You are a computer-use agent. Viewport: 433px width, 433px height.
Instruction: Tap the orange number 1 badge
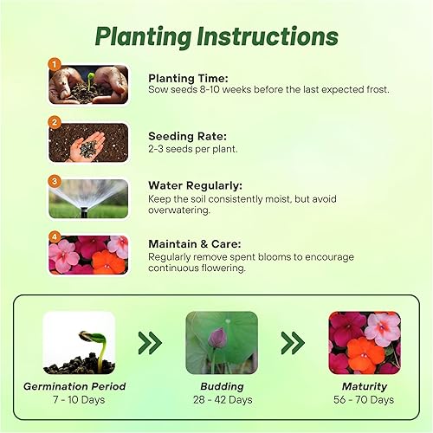pyautogui.click(x=55, y=64)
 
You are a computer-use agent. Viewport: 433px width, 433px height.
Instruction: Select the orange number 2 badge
pyautogui.click(x=55, y=122)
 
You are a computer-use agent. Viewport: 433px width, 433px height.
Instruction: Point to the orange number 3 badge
pyautogui.click(x=55, y=181)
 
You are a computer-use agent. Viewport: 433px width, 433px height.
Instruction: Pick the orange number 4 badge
pyautogui.click(x=55, y=236)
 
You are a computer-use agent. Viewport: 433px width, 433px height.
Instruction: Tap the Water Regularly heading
pyautogui.click(x=195, y=185)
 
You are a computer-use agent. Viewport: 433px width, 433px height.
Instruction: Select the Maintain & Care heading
pyautogui.click(x=195, y=244)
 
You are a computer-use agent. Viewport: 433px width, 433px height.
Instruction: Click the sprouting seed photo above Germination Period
pyautogui.click(x=79, y=343)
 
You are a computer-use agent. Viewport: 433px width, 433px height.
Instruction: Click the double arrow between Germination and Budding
pyautogui.click(x=151, y=343)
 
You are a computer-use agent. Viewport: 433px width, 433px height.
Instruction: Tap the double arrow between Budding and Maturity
pyautogui.click(x=292, y=343)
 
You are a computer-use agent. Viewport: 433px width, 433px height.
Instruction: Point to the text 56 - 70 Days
pyautogui.click(x=364, y=400)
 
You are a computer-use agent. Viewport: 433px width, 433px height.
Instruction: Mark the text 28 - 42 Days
pyautogui.click(x=221, y=400)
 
